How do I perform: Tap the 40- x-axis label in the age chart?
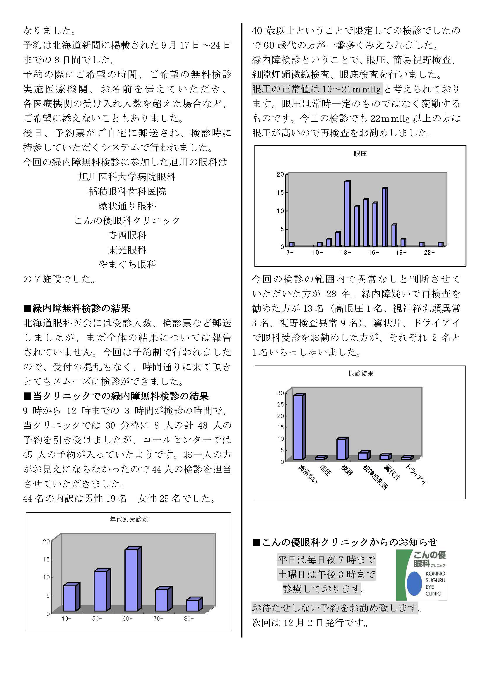point(66,618)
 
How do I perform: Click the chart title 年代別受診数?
point(129,519)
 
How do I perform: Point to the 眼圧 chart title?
point(360,154)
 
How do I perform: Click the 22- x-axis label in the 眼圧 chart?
point(429,253)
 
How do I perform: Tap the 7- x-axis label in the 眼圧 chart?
point(290,253)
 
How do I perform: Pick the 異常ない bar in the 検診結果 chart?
point(298,428)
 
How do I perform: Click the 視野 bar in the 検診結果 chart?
point(342,449)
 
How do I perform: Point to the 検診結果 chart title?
point(360,373)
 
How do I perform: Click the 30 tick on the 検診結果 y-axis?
point(281,393)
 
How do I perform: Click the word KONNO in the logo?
point(435,573)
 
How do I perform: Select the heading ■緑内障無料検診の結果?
point(77,308)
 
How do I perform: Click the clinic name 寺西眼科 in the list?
point(127,235)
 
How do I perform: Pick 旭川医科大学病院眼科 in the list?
point(127,177)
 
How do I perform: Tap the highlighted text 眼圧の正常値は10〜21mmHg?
point(317,89)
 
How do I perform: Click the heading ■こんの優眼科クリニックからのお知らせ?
point(345,542)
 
